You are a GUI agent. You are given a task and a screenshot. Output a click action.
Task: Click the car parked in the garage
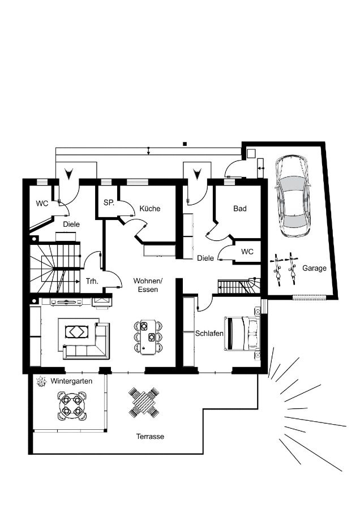click(x=293, y=196)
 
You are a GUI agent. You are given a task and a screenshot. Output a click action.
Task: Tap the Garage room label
click(x=314, y=268)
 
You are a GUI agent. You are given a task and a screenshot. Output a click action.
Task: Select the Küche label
click(x=150, y=208)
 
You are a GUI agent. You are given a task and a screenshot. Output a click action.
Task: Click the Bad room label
click(x=240, y=208)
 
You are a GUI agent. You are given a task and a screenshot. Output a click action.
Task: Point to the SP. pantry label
click(x=109, y=203)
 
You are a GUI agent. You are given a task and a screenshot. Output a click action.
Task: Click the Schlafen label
click(x=209, y=333)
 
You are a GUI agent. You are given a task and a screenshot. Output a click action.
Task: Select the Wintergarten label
click(x=71, y=381)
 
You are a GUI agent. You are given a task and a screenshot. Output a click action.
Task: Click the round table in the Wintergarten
click(x=72, y=406)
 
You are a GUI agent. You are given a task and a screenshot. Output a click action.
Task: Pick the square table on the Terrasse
click(x=144, y=402)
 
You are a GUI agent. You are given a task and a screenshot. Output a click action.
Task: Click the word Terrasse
click(x=150, y=437)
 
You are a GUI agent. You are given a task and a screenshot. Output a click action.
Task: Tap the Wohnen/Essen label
click(x=148, y=285)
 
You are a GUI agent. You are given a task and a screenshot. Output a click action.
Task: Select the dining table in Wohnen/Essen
click(x=148, y=337)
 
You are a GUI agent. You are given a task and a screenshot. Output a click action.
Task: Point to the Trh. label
click(x=92, y=281)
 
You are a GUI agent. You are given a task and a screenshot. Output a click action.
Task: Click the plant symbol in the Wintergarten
click(x=41, y=381)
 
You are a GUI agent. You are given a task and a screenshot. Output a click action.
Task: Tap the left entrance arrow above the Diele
click(x=68, y=174)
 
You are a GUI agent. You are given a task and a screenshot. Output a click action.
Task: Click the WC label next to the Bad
click(x=247, y=252)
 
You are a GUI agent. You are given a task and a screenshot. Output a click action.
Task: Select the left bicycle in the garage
click(x=278, y=269)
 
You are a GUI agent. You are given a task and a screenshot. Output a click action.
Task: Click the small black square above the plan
click(x=185, y=144)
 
